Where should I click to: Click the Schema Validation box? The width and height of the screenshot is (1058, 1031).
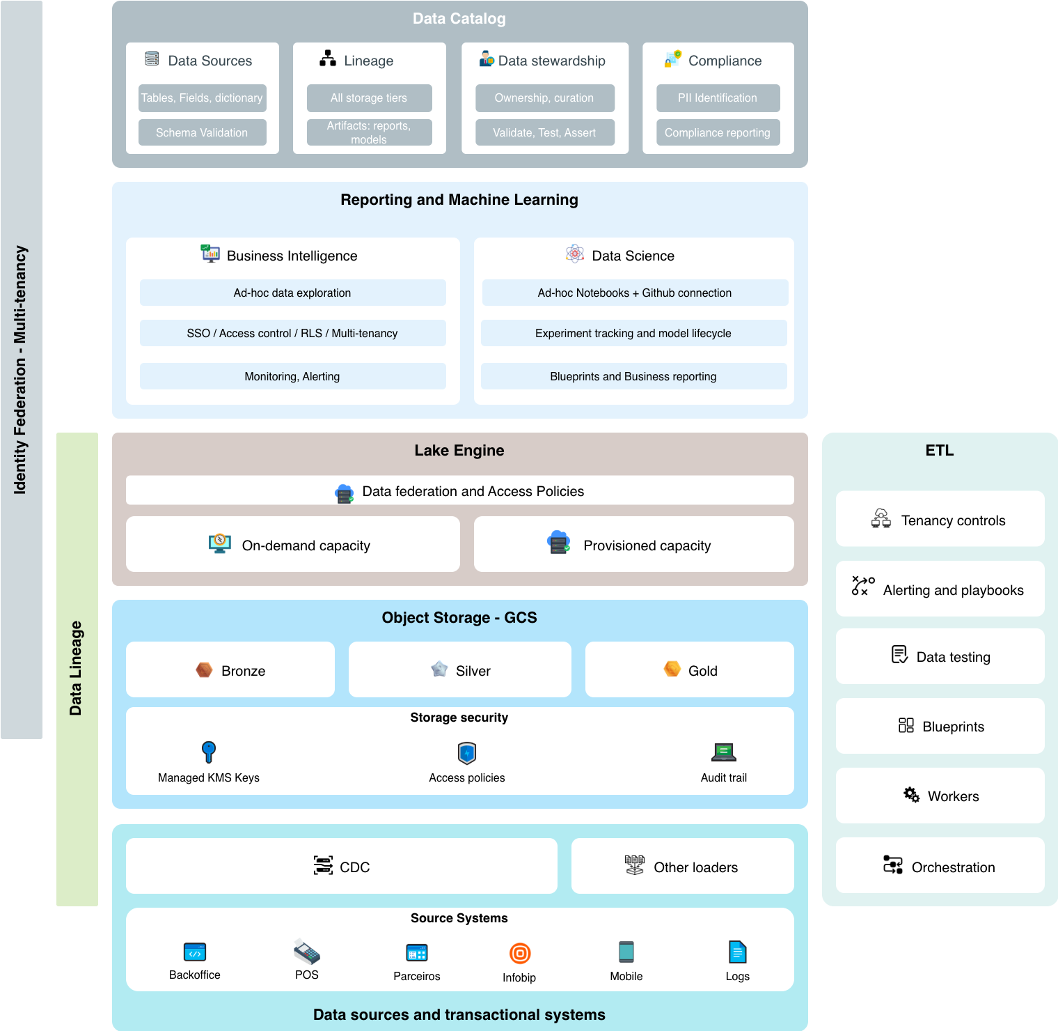(x=202, y=132)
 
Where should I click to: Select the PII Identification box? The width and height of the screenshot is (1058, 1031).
(x=718, y=98)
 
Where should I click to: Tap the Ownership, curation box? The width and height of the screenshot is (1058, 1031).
(x=544, y=98)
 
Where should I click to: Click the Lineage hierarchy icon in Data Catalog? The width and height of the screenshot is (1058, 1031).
(x=327, y=59)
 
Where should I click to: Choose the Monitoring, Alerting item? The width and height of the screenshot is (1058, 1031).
(x=292, y=376)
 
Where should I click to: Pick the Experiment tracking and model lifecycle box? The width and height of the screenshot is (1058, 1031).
(x=633, y=333)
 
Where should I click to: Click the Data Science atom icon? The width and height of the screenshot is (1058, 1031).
(x=575, y=254)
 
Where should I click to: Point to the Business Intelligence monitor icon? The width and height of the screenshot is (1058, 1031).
(x=210, y=254)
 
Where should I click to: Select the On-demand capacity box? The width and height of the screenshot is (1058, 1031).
(x=292, y=544)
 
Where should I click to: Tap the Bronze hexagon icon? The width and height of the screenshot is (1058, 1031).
(x=204, y=670)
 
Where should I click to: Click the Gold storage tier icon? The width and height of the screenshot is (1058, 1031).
(x=672, y=669)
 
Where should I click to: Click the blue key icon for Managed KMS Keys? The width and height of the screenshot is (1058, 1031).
(x=209, y=752)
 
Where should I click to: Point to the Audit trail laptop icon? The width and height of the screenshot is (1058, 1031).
(x=724, y=752)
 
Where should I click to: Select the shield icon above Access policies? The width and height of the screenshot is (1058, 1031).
(x=467, y=753)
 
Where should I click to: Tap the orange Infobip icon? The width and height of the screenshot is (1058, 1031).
(x=520, y=953)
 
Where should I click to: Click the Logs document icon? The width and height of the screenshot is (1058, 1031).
(x=737, y=952)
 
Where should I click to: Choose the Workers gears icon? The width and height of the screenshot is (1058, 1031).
(x=911, y=795)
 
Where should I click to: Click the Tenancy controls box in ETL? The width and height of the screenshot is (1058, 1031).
(x=940, y=519)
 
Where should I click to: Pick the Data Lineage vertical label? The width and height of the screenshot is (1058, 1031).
(x=77, y=669)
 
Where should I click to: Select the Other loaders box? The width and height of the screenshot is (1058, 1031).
(x=682, y=866)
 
